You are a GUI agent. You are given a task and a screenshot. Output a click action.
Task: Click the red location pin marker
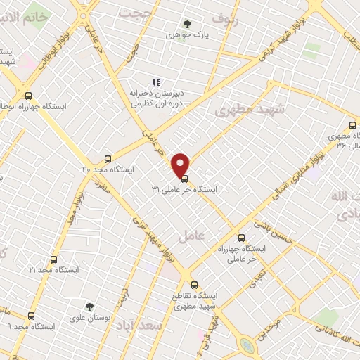coord(181,164)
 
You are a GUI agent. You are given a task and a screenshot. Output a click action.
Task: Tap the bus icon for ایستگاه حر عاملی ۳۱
coord(184,178)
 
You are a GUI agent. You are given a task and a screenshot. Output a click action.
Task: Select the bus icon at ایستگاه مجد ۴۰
coord(108,158)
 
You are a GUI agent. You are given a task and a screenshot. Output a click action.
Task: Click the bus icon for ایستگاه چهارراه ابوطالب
coord(28,96)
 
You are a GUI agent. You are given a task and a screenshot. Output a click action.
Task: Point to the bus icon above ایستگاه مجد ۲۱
coord(53,259)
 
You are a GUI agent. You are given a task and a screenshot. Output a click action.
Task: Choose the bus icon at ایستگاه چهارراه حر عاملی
coord(242,238)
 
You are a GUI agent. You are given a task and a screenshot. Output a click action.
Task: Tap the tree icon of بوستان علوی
coord(89,306)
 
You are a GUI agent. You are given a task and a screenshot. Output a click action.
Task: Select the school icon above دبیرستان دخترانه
coord(155,82)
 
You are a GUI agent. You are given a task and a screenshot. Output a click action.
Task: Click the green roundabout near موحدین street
coord(247,345)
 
